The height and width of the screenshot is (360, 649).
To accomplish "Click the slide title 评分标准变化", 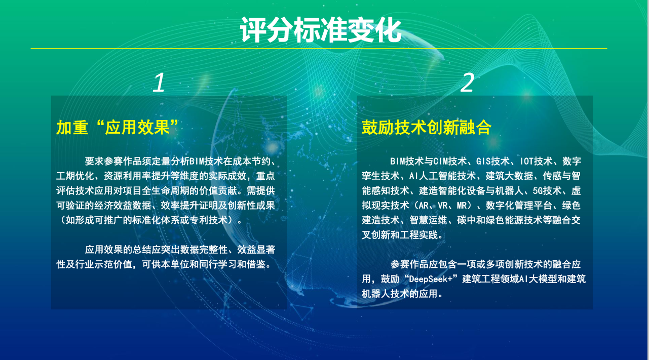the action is pyautogui.click(x=321, y=30).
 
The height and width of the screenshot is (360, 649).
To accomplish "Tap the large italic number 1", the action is pyautogui.click(x=159, y=83).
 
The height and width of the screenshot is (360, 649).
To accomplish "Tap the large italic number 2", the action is pyautogui.click(x=467, y=83).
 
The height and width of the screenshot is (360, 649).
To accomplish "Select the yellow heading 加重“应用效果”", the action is pyautogui.click(x=118, y=128).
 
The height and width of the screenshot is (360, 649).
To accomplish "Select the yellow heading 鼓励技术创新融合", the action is pyautogui.click(x=427, y=128).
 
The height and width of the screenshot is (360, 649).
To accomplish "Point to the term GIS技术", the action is pyautogui.click(x=493, y=161).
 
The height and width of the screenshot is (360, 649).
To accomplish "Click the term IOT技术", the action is pyautogui.click(x=537, y=161).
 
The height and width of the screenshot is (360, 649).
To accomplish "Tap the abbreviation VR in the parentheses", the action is pyautogui.click(x=443, y=206).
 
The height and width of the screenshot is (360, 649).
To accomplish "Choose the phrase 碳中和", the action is pyautogui.click(x=471, y=220).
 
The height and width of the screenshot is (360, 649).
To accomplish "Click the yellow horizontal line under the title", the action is pyautogui.click(x=319, y=49).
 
